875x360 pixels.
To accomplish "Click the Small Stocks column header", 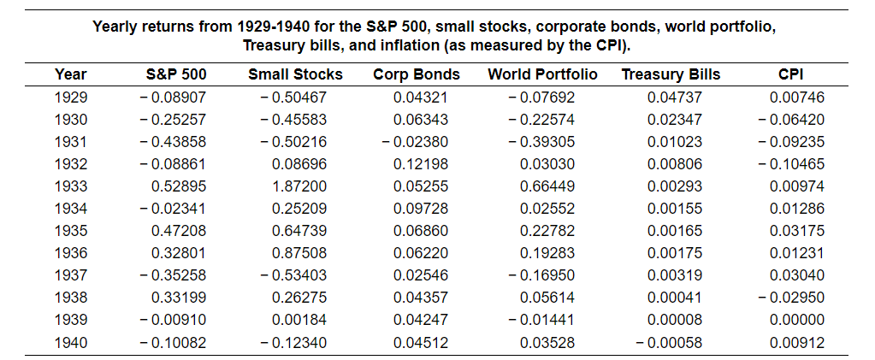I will click(295, 74).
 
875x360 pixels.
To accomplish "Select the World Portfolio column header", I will click(542, 74).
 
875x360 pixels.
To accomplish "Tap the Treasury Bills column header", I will click(671, 74).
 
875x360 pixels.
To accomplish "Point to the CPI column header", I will click(790, 74).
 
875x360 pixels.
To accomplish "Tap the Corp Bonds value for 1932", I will click(420, 163).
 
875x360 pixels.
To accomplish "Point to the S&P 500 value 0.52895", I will click(179, 186).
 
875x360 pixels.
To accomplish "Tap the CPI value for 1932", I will click(791, 163).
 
